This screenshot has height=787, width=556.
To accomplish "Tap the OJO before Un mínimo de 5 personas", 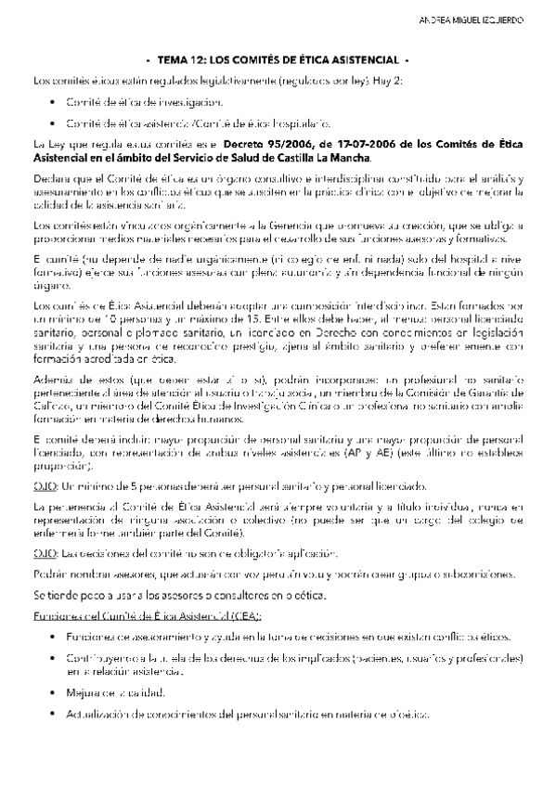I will pyautogui.click(x=43, y=485).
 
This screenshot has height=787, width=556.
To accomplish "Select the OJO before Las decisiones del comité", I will pyautogui.click(x=43, y=553).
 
